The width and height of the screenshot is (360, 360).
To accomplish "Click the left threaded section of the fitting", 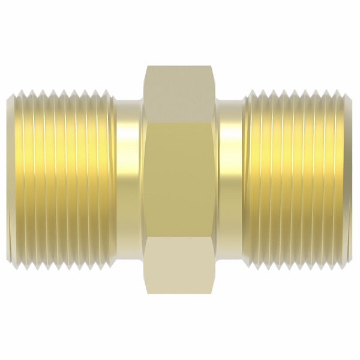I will tap(60, 180).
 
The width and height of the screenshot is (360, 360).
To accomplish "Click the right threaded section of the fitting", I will tap(300, 180).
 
